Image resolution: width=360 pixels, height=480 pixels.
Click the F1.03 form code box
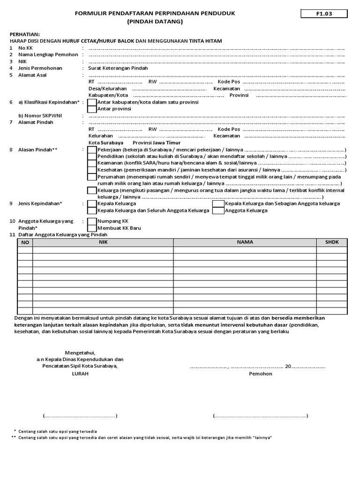(x=324, y=14)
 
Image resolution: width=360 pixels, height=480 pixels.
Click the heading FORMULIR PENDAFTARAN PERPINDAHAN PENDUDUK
(x=155, y=14)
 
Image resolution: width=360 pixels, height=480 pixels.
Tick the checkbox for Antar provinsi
(x=92, y=109)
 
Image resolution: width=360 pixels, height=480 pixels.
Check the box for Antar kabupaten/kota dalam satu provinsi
(x=92, y=102)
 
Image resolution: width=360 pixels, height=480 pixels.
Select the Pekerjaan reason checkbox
(x=92, y=150)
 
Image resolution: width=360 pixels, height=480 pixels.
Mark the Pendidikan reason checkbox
(x=92, y=156)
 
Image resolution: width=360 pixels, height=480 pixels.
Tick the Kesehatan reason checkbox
(x=92, y=170)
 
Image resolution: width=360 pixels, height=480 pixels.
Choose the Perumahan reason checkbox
(x=92, y=177)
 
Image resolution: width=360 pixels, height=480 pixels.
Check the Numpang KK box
(x=92, y=221)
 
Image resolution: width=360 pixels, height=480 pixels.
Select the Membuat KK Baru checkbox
(x=92, y=228)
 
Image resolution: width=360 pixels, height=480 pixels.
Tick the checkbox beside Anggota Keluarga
(x=218, y=211)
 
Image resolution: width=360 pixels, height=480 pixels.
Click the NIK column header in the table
(x=103, y=242)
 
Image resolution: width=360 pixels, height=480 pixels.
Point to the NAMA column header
(x=245, y=242)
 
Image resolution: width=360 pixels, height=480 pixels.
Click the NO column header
(x=25, y=242)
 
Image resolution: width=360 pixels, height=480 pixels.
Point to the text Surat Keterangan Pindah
(x=118, y=68)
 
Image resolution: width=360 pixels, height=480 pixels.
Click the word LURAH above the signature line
(x=80, y=374)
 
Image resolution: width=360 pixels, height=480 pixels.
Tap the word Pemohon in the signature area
(x=260, y=374)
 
